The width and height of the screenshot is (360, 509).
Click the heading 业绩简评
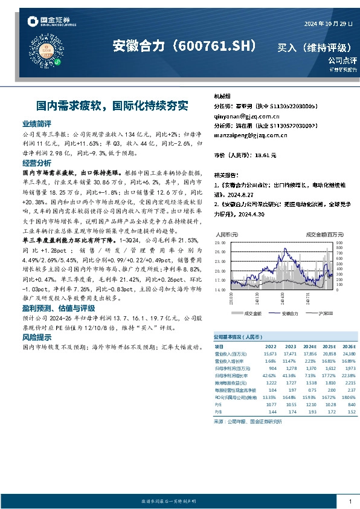point(36,123)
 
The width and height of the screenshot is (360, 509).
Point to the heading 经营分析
point(36,163)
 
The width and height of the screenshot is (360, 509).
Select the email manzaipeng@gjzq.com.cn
point(250,135)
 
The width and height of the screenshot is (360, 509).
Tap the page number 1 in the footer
point(350,502)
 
